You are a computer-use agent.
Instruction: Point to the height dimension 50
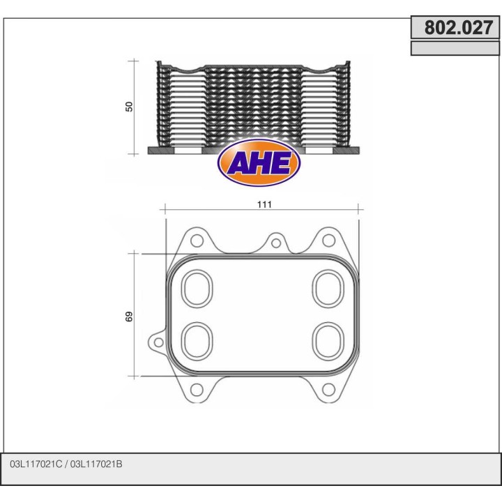click(128, 107)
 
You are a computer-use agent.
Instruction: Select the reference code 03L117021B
click(101, 464)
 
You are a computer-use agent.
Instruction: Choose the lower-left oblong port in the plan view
click(197, 340)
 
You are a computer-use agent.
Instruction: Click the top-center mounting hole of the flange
click(276, 243)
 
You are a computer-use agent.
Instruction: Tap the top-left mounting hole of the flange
click(197, 241)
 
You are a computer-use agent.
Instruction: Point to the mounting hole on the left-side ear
click(158, 342)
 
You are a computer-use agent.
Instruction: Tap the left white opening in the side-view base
click(187, 151)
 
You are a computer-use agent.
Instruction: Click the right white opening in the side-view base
click(319, 151)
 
